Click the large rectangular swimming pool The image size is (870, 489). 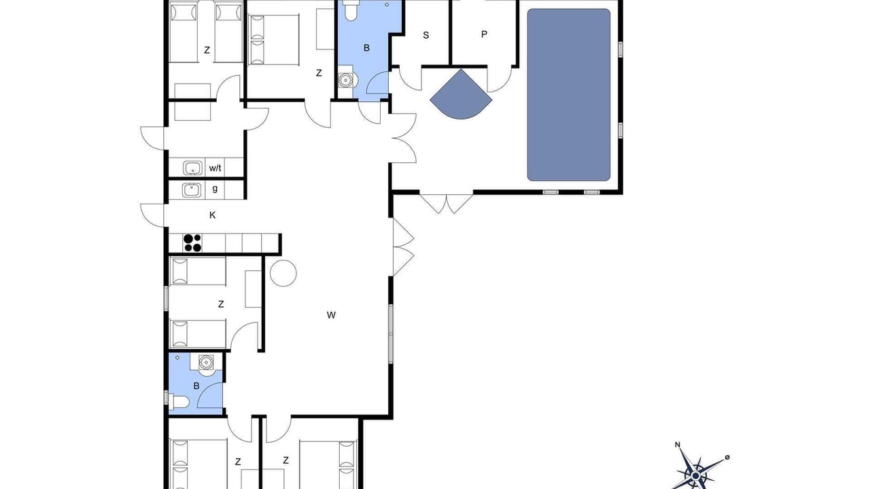(569, 94)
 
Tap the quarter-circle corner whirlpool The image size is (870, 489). (460, 96)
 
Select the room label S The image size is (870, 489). (425, 35)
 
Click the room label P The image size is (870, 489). (484, 34)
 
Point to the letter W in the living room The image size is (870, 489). (331, 315)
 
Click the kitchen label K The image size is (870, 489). (213, 215)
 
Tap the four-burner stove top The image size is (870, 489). (192, 243)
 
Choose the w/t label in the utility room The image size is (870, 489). (215, 168)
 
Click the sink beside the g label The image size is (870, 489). (192, 190)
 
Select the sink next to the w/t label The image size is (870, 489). (192, 168)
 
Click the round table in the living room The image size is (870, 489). (283, 273)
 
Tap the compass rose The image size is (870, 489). (697, 473)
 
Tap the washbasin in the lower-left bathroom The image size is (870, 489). (206, 363)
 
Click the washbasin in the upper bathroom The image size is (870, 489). (345, 80)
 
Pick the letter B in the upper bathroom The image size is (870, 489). (366, 48)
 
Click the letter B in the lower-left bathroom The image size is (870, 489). (196, 386)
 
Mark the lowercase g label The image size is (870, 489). (215, 189)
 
